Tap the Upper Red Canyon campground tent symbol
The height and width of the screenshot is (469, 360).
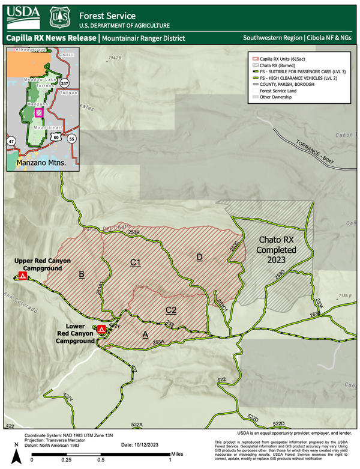point(22,276)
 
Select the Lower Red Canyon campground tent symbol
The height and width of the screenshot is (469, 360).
point(101,329)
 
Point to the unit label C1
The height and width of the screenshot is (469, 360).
point(136,262)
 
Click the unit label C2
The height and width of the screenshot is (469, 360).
point(170,310)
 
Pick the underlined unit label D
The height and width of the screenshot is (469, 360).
point(199,257)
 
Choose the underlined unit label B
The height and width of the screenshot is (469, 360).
point(81,274)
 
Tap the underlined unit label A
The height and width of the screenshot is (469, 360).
point(145,334)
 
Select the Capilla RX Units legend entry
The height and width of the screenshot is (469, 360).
point(280,60)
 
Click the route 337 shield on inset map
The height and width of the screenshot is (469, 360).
point(64,83)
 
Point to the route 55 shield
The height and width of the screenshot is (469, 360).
point(73,139)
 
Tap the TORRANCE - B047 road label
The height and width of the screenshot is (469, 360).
point(314,154)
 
